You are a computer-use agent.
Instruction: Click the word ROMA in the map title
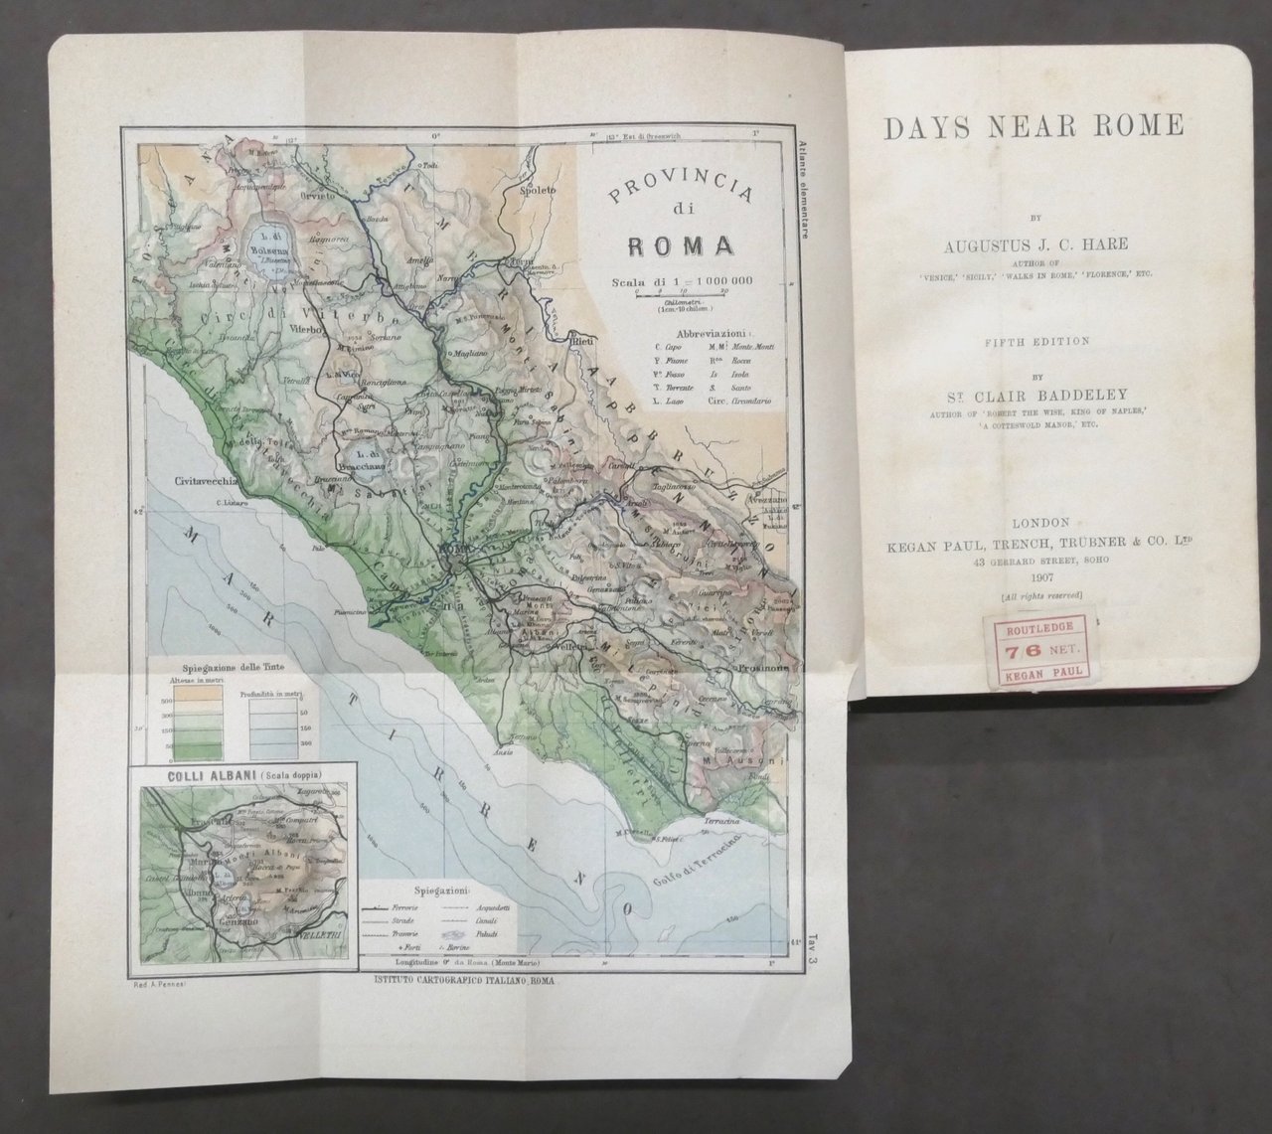coord(681,244)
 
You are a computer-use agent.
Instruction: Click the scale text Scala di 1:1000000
coord(683,279)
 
